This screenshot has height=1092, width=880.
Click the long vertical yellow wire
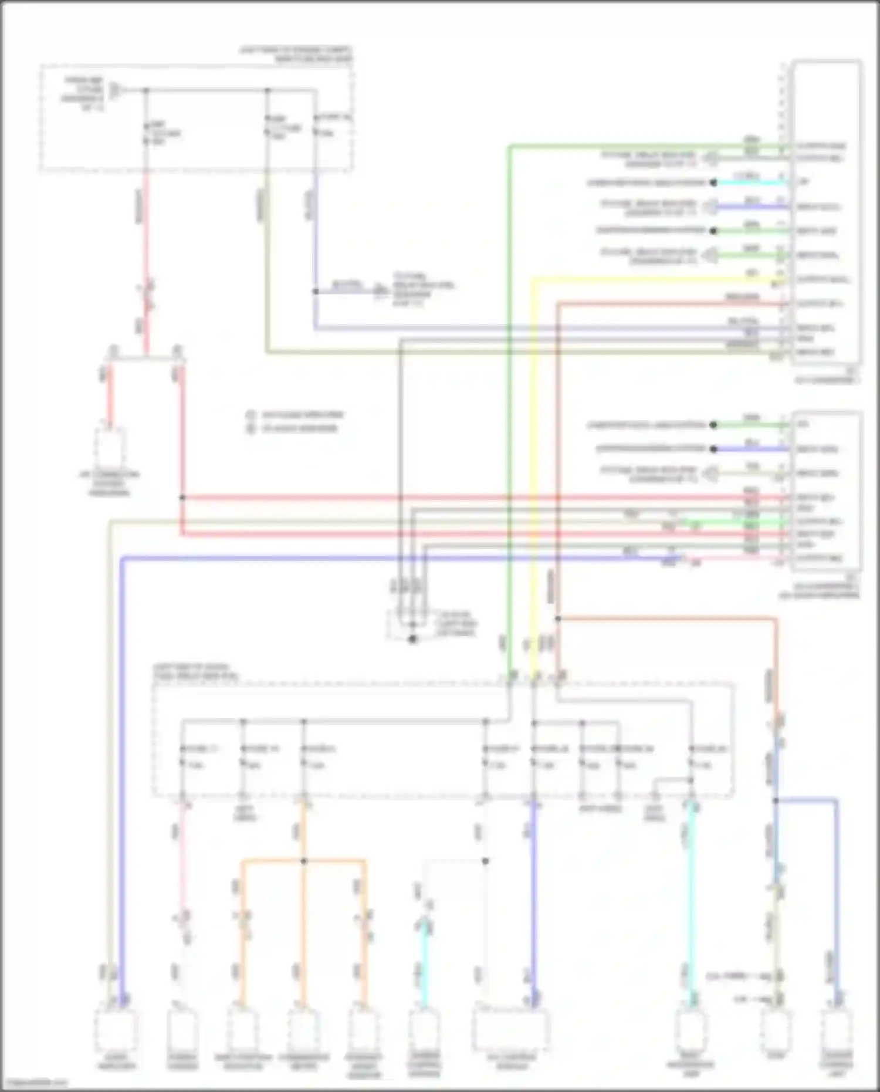coord(533,469)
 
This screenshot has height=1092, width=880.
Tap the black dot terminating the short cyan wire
coord(713,182)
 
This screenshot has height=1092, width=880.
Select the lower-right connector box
coord(826,490)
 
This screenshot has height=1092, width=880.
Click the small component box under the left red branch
coord(110,447)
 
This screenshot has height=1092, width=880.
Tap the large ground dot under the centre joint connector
coord(412,639)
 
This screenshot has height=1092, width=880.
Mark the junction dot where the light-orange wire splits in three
coord(304,861)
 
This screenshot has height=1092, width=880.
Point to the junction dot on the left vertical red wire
coord(182,498)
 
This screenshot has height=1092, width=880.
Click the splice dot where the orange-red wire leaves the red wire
coord(558,618)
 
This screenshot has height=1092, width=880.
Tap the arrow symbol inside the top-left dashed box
coord(116,90)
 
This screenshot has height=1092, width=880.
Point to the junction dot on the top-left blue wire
coord(316,291)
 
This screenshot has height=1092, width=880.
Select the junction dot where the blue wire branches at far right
coord(776,800)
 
